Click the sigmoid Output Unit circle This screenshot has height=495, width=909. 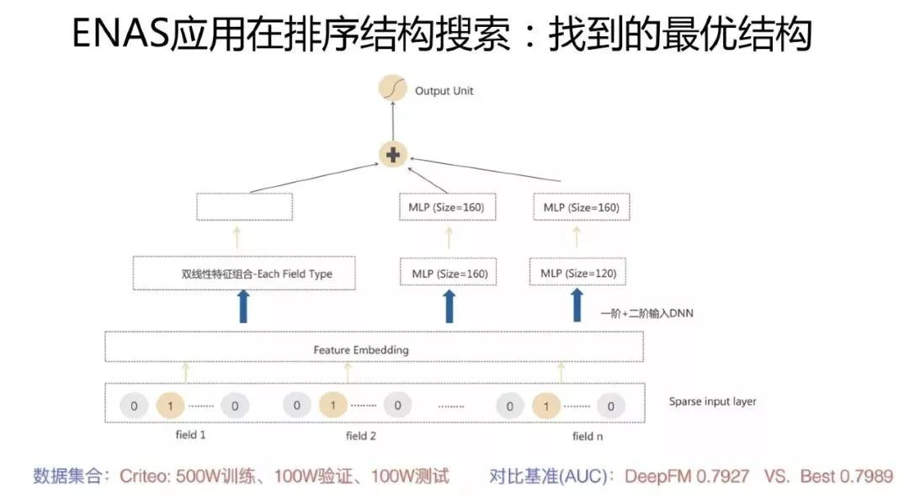click(392, 88)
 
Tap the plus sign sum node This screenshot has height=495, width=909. click(393, 155)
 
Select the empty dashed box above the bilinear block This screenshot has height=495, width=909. click(244, 207)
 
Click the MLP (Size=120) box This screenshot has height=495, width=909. click(578, 273)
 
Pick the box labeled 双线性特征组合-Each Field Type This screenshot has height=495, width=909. click(244, 273)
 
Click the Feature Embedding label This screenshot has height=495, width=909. click(360, 350)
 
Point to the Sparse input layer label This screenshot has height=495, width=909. click(713, 401)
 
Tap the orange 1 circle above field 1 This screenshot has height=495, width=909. click(170, 406)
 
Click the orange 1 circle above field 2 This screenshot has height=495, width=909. click(332, 405)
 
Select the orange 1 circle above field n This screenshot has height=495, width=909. click(546, 406)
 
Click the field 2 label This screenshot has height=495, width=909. click(360, 436)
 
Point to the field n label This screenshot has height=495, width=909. click(587, 436)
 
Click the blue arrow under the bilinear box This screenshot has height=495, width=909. click(243, 306)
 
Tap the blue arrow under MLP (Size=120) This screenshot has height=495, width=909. click(577, 305)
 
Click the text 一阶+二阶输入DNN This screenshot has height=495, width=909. click(647, 313)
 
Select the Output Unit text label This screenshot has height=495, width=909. click(444, 91)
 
